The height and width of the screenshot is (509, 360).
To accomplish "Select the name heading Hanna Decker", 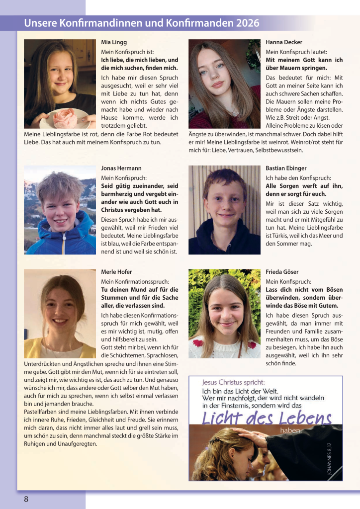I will (284, 42).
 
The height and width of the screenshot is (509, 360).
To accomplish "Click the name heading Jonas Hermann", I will (121, 169).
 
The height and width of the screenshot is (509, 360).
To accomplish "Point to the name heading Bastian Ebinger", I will (286, 169).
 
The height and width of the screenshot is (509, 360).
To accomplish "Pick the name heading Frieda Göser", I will (282, 272).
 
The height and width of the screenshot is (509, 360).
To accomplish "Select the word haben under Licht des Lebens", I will (290, 430).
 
